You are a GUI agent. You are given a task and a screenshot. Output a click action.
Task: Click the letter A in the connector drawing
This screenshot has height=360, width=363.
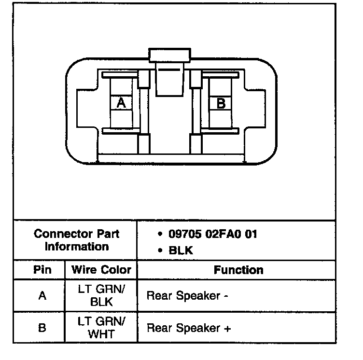[x=121, y=103]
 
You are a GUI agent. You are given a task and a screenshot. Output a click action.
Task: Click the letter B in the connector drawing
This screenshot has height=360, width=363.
[x=221, y=103]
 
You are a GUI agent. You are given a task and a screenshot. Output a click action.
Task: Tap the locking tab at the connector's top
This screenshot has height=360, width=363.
[x=171, y=55]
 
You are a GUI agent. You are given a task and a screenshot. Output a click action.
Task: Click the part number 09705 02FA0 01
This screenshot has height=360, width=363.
[x=212, y=235]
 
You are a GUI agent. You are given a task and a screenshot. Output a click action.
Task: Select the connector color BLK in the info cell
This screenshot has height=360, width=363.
[x=181, y=251]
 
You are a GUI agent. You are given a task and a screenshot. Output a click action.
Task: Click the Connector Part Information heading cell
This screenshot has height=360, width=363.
[x=77, y=240]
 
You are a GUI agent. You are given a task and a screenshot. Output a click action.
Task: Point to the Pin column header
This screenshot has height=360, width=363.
[x=42, y=270]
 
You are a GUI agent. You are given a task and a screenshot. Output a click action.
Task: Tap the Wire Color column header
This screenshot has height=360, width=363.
[x=101, y=270]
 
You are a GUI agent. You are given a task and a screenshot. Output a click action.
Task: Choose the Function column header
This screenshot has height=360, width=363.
[x=238, y=270]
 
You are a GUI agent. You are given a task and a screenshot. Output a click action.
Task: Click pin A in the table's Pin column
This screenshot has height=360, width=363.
[x=42, y=295]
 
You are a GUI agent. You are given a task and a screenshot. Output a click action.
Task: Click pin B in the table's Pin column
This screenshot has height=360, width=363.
[x=42, y=328]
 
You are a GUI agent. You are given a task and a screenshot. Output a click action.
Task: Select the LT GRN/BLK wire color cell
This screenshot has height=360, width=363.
[x=101, y=295]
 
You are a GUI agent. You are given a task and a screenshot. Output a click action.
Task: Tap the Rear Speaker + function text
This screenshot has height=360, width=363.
[x=189, y=329]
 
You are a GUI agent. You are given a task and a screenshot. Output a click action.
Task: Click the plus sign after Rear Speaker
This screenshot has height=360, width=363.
[x=227, y=329]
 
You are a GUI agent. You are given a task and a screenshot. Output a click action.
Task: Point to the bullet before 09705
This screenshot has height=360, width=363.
[x=160, y=235]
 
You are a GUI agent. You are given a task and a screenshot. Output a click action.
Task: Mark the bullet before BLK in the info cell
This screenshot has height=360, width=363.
[x=160, y=251]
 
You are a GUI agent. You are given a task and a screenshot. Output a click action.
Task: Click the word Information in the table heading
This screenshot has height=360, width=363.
[x=77, y=247]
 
